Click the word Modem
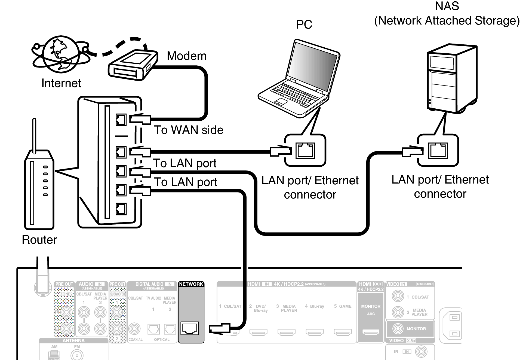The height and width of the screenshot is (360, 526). tap(186, 56)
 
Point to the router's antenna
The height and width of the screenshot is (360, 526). tap(34, 135)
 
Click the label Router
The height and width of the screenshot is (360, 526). tap(39, 240)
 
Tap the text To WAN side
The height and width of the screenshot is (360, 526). tap(189, 130)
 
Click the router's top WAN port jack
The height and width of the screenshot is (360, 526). tap(121, 120)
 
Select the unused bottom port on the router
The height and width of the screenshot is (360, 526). tap(121, 209)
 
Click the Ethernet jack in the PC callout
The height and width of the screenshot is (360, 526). tap(305, 151)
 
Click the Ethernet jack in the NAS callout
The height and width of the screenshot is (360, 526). tap(438, 150)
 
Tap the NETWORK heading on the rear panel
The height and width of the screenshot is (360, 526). tap(191, 284)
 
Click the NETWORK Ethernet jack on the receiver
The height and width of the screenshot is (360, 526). tap(190, 328)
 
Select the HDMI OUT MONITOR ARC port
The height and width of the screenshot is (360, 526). tap(371, 332)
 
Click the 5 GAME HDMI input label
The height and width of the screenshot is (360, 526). tap(343, 306)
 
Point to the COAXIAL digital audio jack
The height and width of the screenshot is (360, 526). tap(134, 329)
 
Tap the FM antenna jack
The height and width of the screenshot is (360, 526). tap(77, 355)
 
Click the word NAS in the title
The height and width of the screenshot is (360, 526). tap(447, 6)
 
